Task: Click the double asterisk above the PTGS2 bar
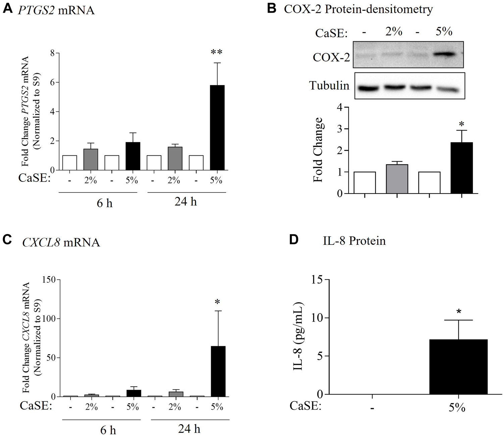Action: [x=216, y=52]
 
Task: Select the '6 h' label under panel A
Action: [x=104, y=203]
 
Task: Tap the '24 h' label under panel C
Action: [x=189, y=429]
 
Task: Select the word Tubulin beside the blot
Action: [x=329, y=86]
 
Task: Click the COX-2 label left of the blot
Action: [x=331, y=57]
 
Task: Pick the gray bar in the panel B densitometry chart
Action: [x=397, y=179]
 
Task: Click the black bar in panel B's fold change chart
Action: [x=461, y=168]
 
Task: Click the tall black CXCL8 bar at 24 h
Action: [x=218, y=371]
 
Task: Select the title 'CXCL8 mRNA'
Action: [x=61, y=242]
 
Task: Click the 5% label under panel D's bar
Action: [x=457, y=407]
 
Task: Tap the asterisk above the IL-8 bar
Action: [x=458, y=312]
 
